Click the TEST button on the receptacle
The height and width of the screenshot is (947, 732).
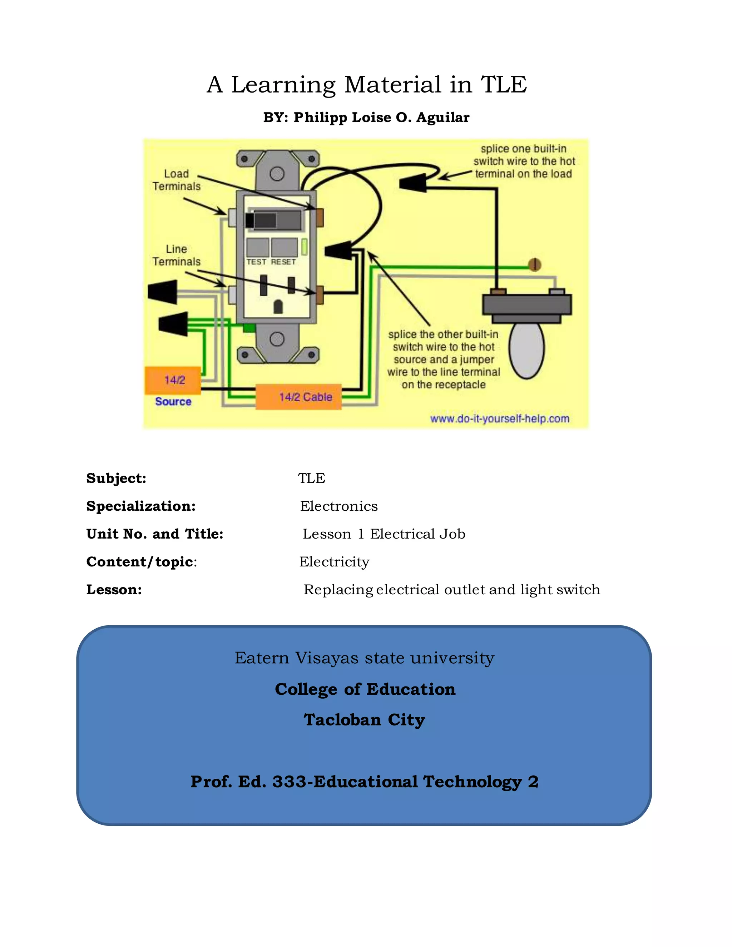257,248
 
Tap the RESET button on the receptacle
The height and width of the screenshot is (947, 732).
284,248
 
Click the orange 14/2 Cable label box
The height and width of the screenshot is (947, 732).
298,397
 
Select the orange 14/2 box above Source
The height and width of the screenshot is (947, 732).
173,380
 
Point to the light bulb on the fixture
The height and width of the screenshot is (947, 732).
526,349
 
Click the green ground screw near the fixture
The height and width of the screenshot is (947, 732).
535,264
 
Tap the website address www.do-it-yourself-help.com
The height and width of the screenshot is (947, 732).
500,419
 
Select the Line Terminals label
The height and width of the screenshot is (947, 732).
177,256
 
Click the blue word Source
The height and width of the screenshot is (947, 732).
173,402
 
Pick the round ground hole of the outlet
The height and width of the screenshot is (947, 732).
278,307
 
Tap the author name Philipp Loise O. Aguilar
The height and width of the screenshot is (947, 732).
381,118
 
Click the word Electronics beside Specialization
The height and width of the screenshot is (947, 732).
339,506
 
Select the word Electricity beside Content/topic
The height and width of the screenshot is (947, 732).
334,562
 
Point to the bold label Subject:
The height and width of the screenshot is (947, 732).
116,478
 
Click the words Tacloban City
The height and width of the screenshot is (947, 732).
364,720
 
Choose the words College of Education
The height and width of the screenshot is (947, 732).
365,689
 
